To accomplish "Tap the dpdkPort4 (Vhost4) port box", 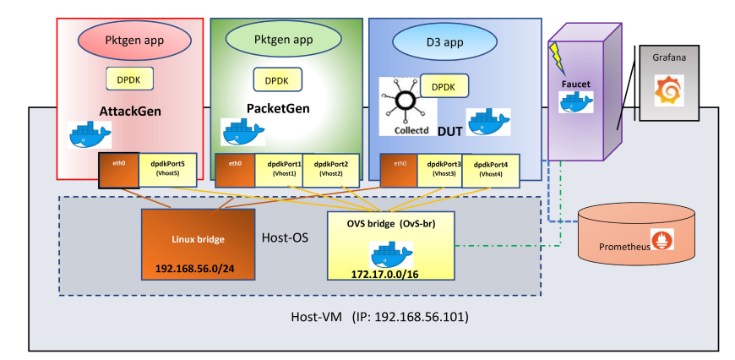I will (x=491, y=170).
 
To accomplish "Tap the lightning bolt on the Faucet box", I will (x=557, y=57).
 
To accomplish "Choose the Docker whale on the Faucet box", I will (x=574, y=101).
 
